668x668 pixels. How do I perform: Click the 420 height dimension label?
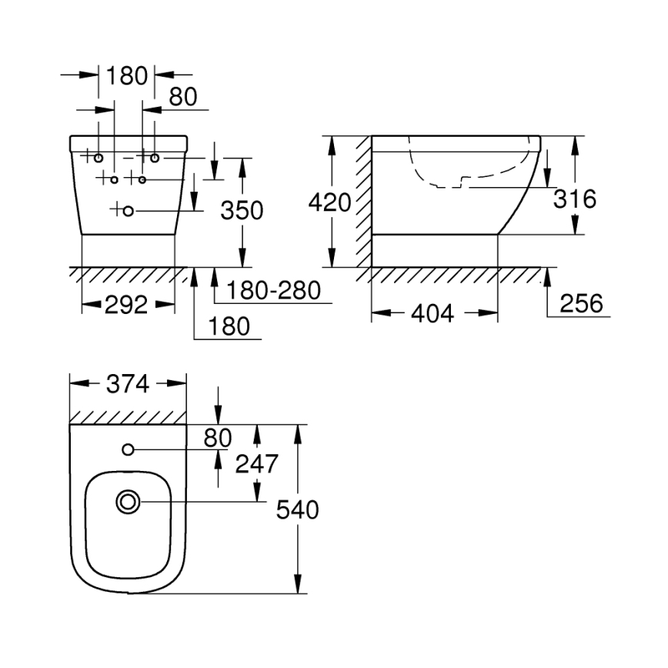tap(329, 202)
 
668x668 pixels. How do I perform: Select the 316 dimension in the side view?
tap(575, 199)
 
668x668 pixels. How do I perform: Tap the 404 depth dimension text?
tap(434, 313)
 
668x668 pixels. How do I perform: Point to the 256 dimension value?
tap(581, 303)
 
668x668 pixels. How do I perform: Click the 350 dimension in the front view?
tap(242, 209)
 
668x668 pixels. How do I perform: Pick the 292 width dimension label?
tap(126, 305)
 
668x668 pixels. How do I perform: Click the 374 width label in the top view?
tap(127, 384)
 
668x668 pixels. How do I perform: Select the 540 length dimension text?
tap(297, 509)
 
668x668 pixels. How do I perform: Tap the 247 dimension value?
tap(256, 463)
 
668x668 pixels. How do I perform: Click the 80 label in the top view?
tap(218, 437)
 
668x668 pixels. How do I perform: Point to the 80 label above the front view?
tap(183, 96)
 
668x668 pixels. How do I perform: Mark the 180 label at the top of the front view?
tap(127, 75)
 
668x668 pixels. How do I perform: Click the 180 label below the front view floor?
tap(229, 326)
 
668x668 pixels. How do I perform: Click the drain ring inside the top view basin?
tap(128, 503)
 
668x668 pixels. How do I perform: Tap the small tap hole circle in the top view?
tap(128, 449)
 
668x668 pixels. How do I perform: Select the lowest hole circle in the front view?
tap(129, 210)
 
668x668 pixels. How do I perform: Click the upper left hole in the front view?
tap(99, 158)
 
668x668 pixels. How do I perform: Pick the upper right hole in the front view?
tap(155, 158)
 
